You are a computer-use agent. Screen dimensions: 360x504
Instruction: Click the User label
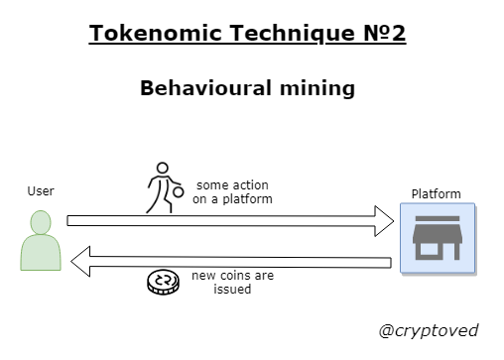pyautogui.click(x=41, y=190)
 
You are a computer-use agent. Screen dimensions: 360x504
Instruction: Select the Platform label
pyautogui.click(x=437, y=192)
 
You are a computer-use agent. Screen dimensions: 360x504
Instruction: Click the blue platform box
pyautogui.click(x=438, y=238)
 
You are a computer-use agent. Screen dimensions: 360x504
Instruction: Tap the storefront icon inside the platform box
pyautogui.click(x=438, y=238)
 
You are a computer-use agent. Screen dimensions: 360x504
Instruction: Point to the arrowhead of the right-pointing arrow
pyautogui.click(x=382, y=219)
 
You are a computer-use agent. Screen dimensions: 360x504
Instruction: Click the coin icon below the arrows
pyautogui.click(x=161, y=283)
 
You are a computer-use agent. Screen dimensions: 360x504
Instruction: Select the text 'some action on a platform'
pyautogui.click(x=233, y=191)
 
